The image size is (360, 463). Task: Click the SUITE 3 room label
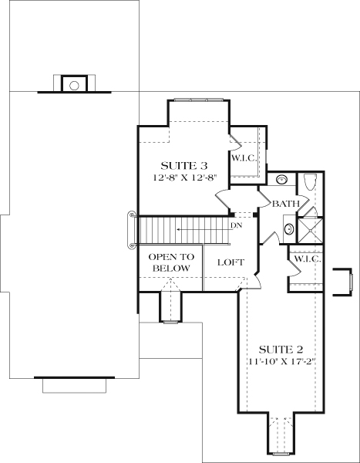tap(183, 165)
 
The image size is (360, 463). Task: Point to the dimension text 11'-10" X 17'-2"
tap(281, 360)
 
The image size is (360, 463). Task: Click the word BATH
tap(285, 204)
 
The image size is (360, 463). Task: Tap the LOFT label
tap(230, 262)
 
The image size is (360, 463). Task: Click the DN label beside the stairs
tap(237, 226)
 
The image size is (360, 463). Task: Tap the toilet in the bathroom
tap(310, 181)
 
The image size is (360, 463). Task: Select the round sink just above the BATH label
tap(282, 180)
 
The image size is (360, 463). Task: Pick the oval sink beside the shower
tap(288, 228)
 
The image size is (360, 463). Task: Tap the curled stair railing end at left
tap(132, 229)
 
